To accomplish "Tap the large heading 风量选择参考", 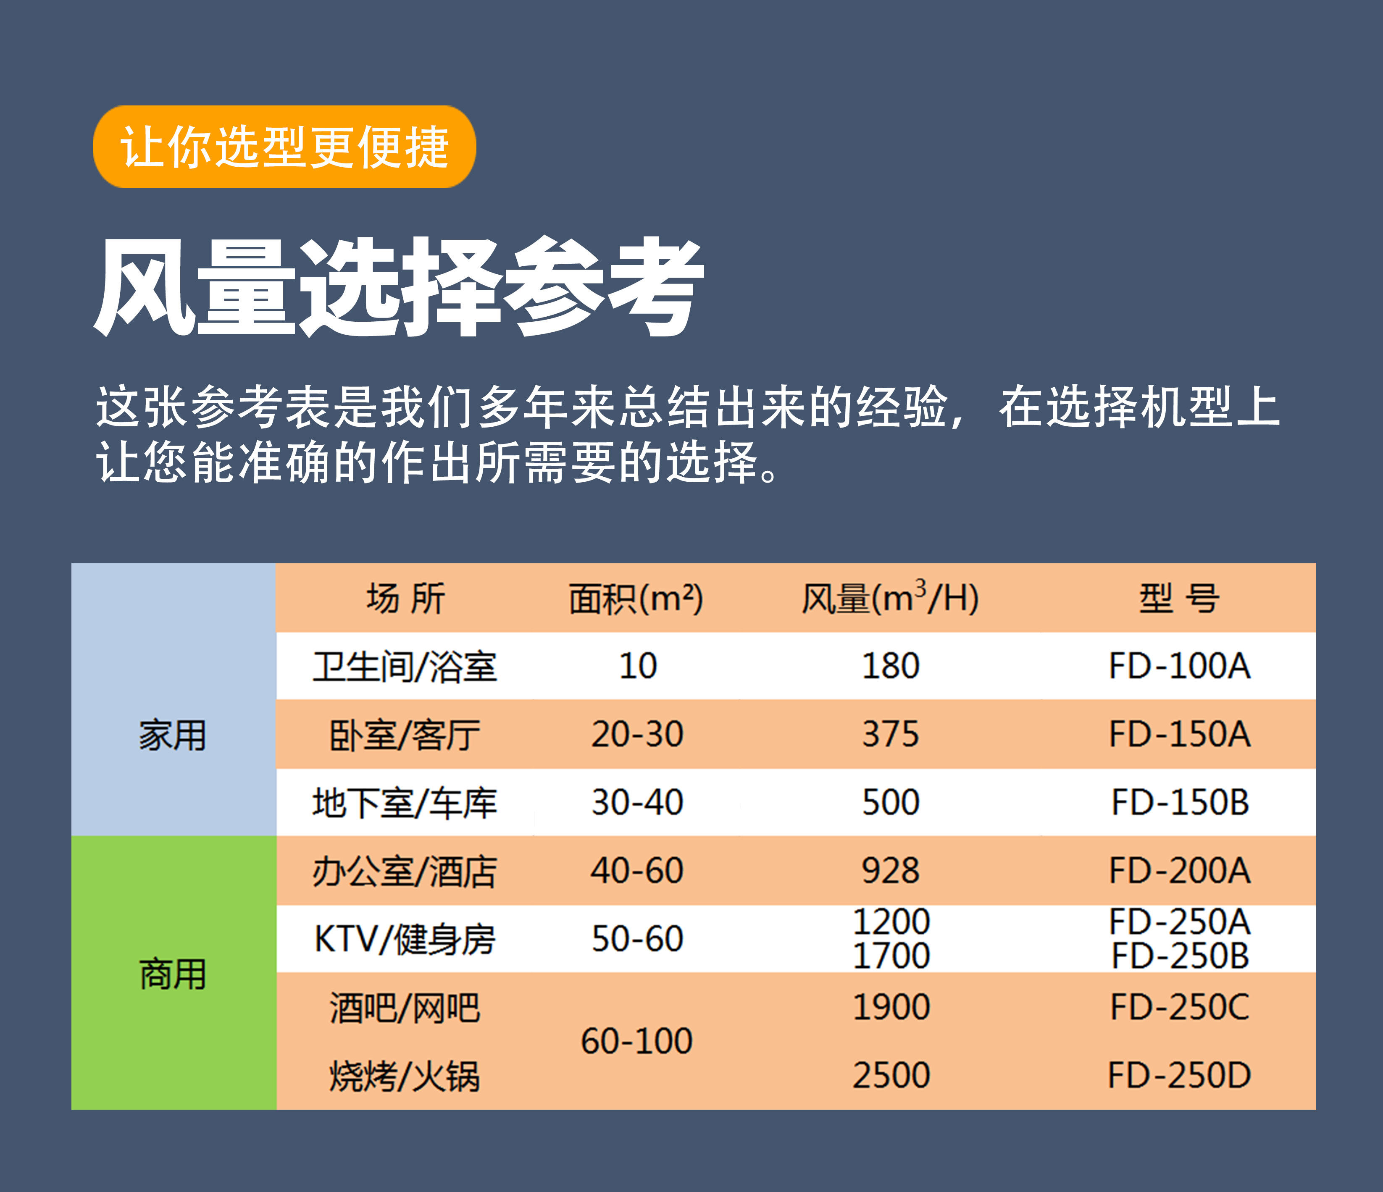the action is (399, 287).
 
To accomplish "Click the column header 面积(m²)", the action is (636, 598).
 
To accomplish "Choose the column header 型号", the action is (1179, 598).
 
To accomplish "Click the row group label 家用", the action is (173, 735).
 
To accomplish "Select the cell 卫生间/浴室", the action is (405, 667).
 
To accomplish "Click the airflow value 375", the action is (890, 734).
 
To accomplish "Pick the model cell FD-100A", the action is (1179, 666).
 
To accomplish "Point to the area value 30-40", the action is (637, 802).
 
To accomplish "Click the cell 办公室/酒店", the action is (405, 872).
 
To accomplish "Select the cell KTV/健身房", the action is (405, 940).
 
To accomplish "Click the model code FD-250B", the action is (1179, 956).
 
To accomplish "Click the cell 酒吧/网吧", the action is (405, 1008).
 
